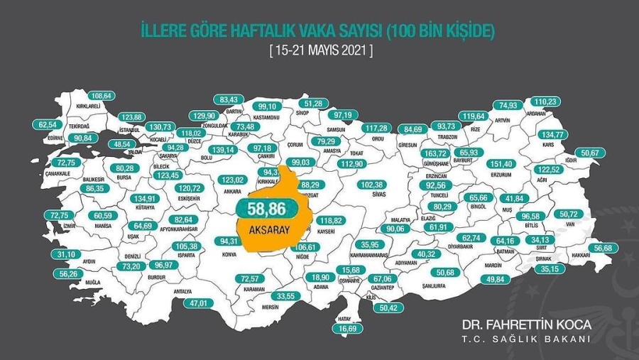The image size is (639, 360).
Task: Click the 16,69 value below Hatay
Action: [347, 329]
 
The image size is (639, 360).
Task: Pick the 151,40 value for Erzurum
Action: [510, 164]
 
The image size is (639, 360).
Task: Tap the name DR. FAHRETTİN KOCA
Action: [525, 324]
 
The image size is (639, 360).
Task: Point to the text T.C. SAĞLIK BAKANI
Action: [526, 339]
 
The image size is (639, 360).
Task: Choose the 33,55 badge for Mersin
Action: [287, 296]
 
